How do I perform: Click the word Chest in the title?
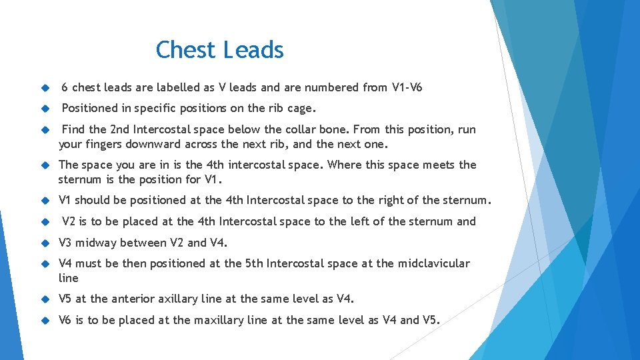tap(186, 50)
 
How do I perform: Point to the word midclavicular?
tap(433, 263)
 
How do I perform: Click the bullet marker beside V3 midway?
tap(45, 243)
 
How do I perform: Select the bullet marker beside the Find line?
tap(45, 129)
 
